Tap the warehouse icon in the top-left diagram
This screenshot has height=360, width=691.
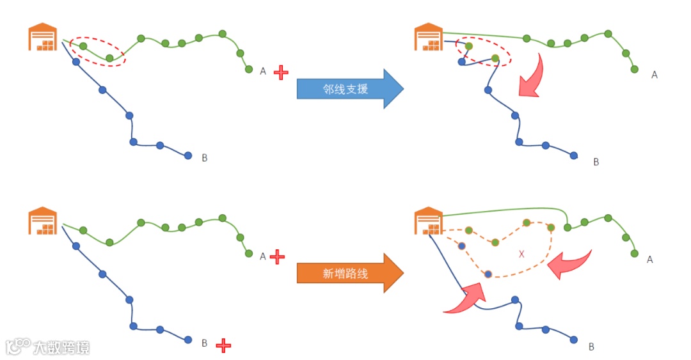(x=43, y=37)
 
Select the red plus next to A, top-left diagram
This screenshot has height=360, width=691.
(x=281, y=72)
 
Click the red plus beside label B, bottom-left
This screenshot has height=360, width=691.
(x=223, y=345)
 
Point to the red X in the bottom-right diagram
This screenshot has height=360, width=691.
(x=521, y=254)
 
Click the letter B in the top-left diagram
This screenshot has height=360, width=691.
(x=205, y=158)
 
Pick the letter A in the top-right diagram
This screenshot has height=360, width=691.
(x=655, y=75)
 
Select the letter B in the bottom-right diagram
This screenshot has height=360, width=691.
(x=591, y=347)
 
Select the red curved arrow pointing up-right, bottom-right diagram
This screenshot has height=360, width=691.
(x=466, y=299)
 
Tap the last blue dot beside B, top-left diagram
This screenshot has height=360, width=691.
(x=188, y=155)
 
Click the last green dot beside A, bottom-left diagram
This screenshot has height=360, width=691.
(x=249, y=253)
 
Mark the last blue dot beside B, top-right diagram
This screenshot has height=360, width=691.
(x=574, y=155)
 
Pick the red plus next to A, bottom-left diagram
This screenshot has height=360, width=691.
(x=277, y=257)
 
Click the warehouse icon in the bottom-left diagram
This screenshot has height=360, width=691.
(x=43, y=221)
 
